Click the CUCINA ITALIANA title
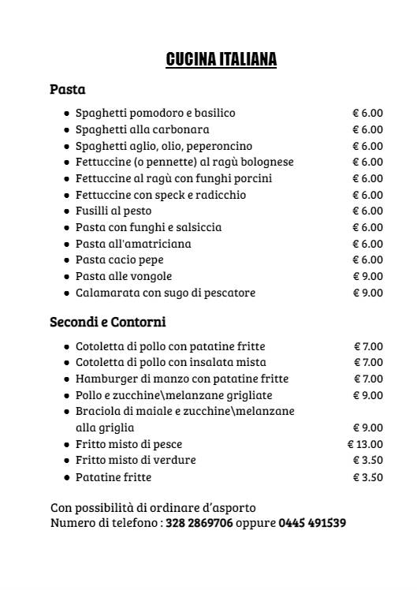[222, 59]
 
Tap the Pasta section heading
[67, 89]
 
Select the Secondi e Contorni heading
[107, 322]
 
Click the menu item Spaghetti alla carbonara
[142, 129]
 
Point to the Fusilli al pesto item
[114, 211]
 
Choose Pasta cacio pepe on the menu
[120, 260]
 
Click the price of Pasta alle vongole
[367, 276]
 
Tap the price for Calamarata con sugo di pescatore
[367, 293]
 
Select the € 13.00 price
[365, 444]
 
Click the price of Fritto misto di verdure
[367, 460]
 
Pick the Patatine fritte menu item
[114, 477]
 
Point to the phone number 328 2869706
[199, 523]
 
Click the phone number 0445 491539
[312, 523]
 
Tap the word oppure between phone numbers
[255, 523]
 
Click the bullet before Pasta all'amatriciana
[66, 244]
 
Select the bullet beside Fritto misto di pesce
[66, 444]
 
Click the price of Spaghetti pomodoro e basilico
[367, 113]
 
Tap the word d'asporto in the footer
[228, 507]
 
